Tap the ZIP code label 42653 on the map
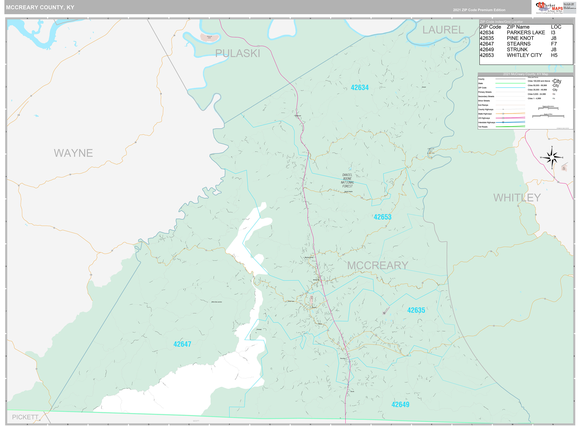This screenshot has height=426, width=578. pos(382,217)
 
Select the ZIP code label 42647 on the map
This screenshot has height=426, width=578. pos(182,344)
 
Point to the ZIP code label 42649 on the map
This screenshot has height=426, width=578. pos(400,405)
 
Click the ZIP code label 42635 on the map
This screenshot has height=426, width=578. pos(416,310)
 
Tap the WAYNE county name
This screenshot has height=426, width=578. pos(73,153)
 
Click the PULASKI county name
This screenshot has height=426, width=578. pos(237,53)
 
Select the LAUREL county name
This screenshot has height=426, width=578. pos(443,30)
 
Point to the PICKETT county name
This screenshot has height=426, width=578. pos(25,417)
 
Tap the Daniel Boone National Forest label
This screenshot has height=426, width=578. pos(347,181)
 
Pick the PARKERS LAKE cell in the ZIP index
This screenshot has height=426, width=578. pos(526,32)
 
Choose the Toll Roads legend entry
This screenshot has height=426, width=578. pos(483,127)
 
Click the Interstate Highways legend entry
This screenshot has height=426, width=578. pos(486,123)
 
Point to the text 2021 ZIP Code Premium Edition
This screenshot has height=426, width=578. pos(479,10)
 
